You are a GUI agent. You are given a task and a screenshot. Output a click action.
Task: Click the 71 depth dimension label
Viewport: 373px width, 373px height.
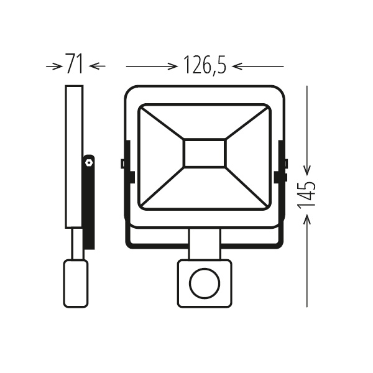(74, 64)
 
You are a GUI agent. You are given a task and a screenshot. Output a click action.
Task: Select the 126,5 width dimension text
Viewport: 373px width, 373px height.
(205, 65)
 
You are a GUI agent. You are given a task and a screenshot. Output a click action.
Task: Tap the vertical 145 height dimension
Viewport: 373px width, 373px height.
(306, 196)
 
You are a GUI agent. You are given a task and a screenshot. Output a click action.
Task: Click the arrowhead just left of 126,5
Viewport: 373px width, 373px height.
(172, 67)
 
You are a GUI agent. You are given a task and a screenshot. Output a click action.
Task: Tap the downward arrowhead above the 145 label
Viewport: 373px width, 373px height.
(307, 170)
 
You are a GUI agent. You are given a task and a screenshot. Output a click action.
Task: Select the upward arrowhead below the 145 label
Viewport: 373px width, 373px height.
(307, 219)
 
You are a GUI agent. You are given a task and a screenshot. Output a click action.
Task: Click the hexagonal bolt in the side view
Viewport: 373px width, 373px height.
(89, 163)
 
